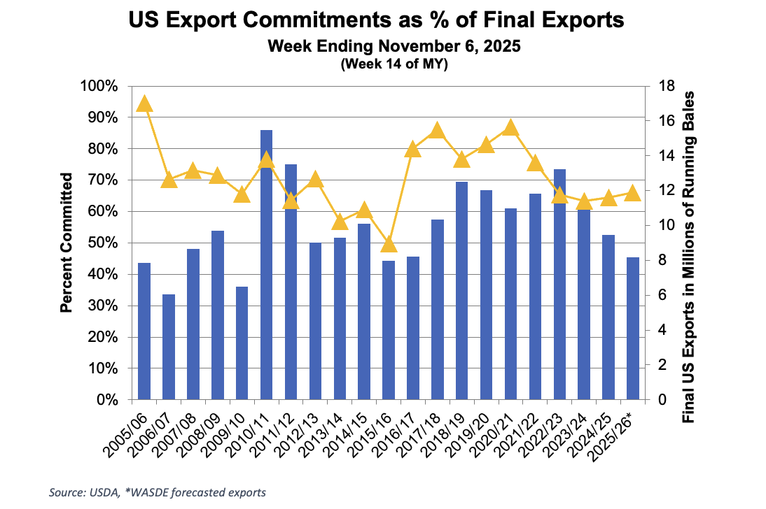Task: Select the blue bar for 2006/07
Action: click(169, 347)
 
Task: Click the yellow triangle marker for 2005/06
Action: click(144, 103)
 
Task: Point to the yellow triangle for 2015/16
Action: click(389, 244)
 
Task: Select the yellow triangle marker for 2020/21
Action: click(510, 127)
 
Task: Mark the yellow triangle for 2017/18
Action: click(437, 131)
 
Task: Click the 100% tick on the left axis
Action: click(102, 86)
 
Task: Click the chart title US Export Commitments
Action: click(376, 21)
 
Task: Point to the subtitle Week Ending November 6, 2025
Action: click(394, 48)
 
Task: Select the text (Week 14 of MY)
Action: click(394, 64)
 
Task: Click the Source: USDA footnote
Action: click(158, 492)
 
